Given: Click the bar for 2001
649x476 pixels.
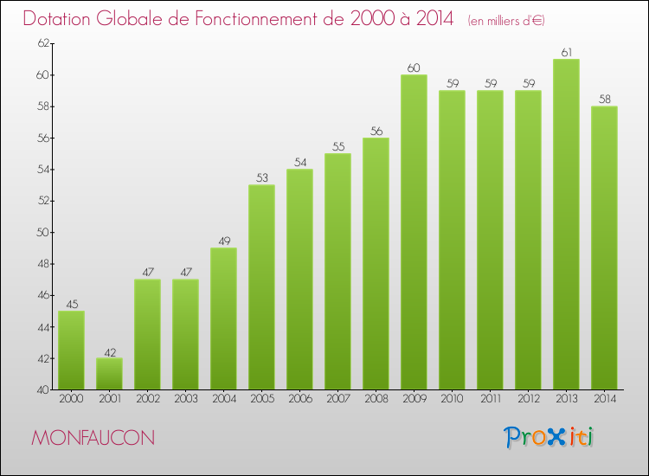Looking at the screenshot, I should pos(109,374).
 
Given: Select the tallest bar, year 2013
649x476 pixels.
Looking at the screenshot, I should pos(566,224).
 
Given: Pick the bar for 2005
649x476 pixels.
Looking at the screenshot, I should pos(261,286).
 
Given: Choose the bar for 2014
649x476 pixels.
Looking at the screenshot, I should pos(604,248).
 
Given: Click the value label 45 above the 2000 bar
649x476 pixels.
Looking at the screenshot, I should pos(71,304).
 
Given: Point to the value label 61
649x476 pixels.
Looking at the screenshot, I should pos(566,52).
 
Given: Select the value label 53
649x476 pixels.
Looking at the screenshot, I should pos(261,178).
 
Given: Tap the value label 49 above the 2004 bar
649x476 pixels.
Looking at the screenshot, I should pos(223,241).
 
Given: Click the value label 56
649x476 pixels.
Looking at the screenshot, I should pos(376,131).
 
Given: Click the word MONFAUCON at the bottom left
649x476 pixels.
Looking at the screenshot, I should pos(93,438).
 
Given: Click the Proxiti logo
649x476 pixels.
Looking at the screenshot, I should pos(549,437).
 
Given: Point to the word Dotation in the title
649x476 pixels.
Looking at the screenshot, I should pos(60,19).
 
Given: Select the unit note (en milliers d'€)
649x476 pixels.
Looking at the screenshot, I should pos(506,21).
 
